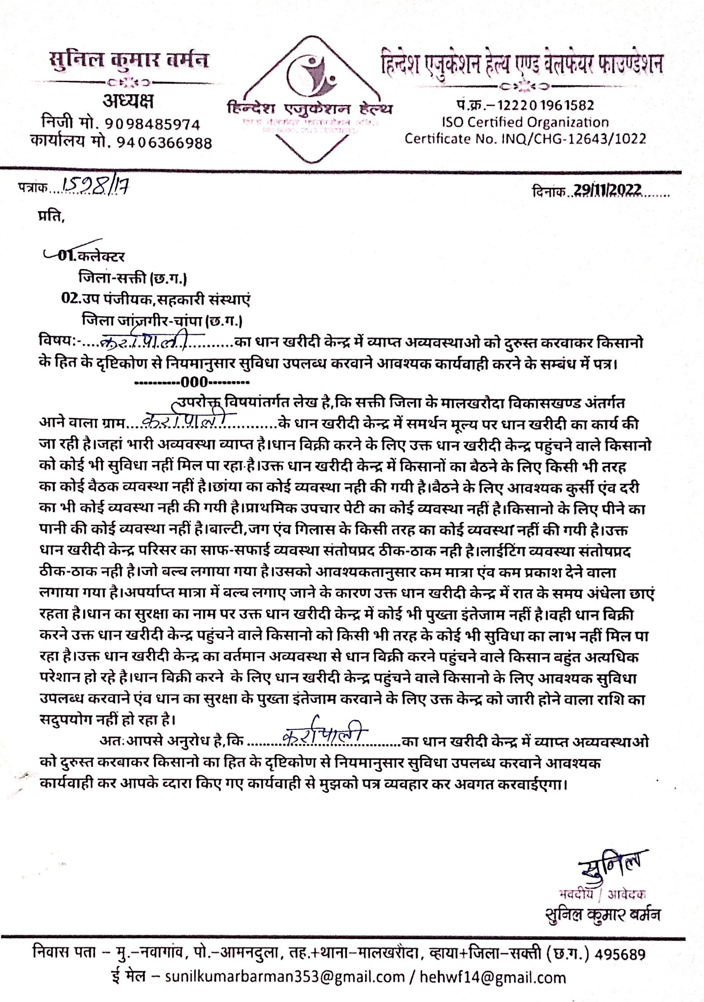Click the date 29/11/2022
point(607,191)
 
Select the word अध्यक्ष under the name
point(128,102)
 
